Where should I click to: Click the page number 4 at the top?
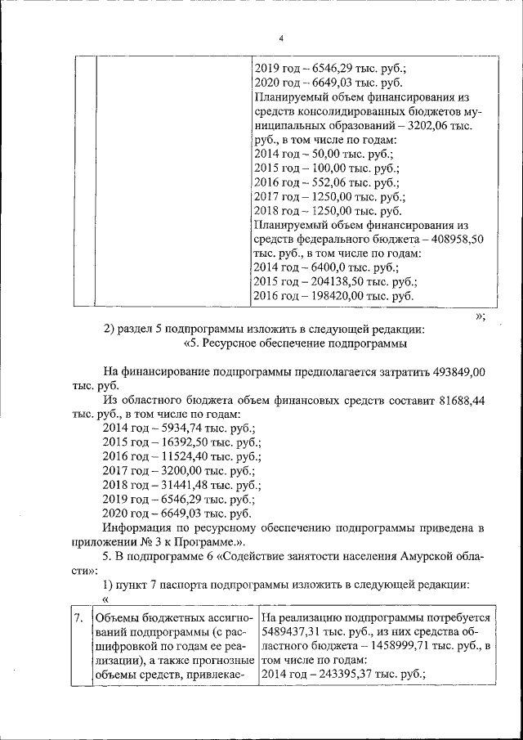click(x=280, y=38)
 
